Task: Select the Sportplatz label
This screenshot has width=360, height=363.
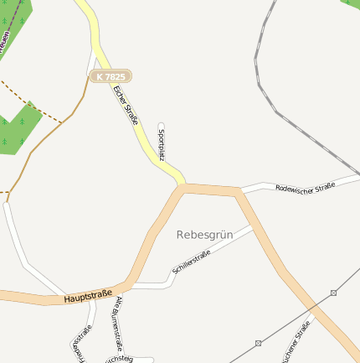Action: pos(162,144)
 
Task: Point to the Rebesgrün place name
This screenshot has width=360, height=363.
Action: pos(204,235)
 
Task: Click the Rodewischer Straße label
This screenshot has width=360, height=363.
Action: pos(305,186)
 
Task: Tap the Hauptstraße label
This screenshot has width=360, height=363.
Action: pos(88,295)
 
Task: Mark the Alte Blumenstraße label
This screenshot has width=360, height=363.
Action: pos(120,323)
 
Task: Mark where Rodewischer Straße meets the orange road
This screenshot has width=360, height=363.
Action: pos(239,192)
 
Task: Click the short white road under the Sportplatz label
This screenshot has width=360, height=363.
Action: pos(162,155)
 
